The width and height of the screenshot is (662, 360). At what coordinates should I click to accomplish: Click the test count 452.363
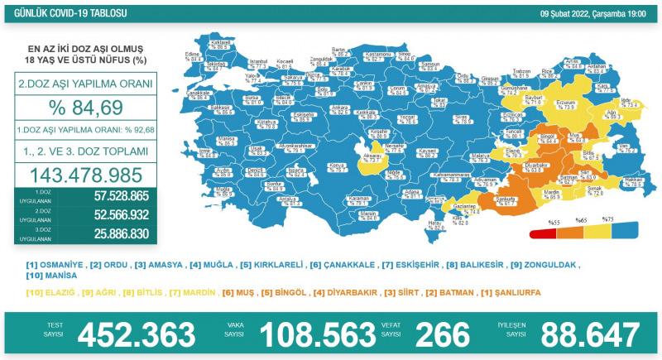tap(137, 335)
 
